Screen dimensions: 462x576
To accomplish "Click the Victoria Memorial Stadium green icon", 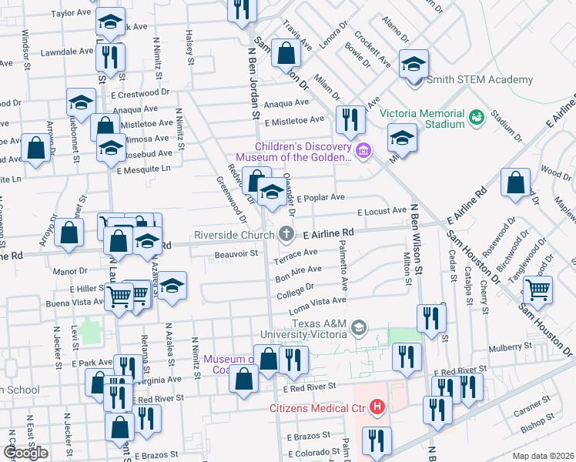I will [477, 117].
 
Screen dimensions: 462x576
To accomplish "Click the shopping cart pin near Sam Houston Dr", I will [537, 290].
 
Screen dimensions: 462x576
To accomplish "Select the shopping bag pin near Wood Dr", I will [515, 182].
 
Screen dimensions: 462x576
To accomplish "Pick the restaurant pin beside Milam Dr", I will [350, 119].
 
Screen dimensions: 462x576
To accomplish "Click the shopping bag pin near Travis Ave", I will [286, 53].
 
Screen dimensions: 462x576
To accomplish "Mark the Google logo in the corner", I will [26, 453].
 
